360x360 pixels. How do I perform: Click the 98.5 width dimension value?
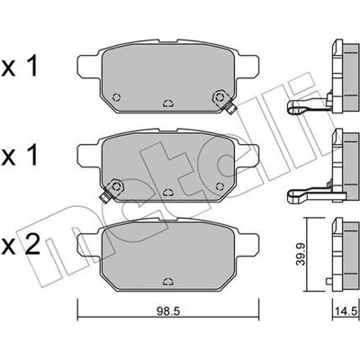(168, 314)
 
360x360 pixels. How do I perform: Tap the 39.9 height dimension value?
(301, 254)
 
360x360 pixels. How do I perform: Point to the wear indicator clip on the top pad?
(230, 108)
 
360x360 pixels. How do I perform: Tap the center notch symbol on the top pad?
(168, 103)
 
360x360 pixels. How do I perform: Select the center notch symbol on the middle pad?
(168, 193)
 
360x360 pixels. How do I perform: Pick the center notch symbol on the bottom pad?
(168, 282)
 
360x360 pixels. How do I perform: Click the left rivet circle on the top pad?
(116, 97)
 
